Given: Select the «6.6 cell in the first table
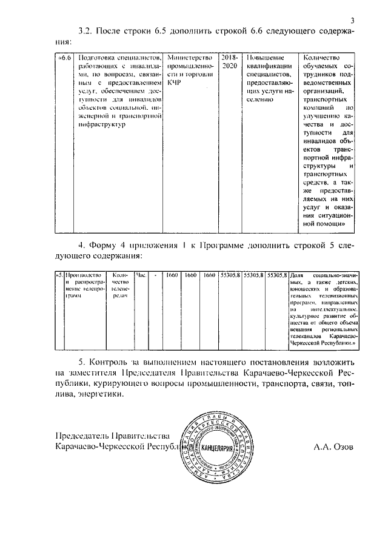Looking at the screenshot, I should tap(64, 57).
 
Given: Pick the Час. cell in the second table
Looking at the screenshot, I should tap(142, 274).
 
